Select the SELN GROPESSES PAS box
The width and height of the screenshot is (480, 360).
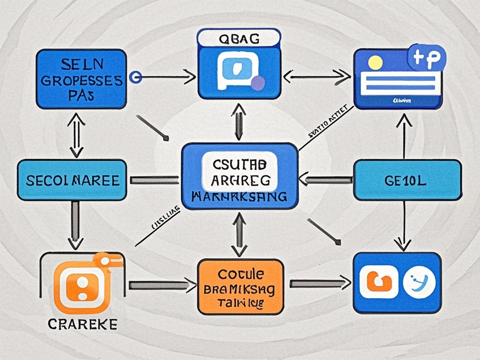coord(81,79)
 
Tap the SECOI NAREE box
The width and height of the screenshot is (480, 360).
coord(72,180)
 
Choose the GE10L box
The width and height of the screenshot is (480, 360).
coord(407,180)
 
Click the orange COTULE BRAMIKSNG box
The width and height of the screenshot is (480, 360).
coord(240,286)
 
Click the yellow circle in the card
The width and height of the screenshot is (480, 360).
coord(375,62)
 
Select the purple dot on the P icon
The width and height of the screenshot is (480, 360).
coord(258,83)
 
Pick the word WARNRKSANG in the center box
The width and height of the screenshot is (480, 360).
coord(240,197)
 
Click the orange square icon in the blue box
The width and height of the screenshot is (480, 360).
coord(378,283)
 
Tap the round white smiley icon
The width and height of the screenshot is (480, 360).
coord(419,283)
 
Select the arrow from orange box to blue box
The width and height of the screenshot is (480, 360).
coord(320,283)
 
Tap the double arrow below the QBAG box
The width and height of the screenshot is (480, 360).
coord(239,121)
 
